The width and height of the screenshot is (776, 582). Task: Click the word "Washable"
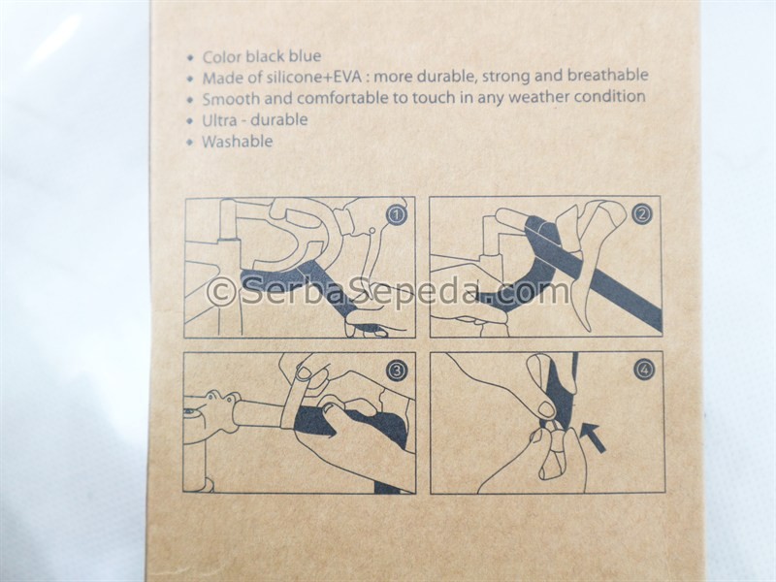237,142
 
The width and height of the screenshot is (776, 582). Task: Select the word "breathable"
608,76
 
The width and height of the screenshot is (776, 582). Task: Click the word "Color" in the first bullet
222,57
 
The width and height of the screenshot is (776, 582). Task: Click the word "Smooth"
231,99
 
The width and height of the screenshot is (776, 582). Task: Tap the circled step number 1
397,215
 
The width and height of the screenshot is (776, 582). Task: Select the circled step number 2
642,213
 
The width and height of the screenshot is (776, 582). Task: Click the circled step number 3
397,371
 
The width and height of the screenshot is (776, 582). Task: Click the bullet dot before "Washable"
190,143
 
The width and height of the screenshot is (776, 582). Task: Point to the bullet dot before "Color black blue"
190,58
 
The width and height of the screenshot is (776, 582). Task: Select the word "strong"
504,77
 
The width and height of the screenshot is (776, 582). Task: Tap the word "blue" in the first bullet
305,56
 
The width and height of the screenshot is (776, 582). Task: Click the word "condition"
610,96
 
